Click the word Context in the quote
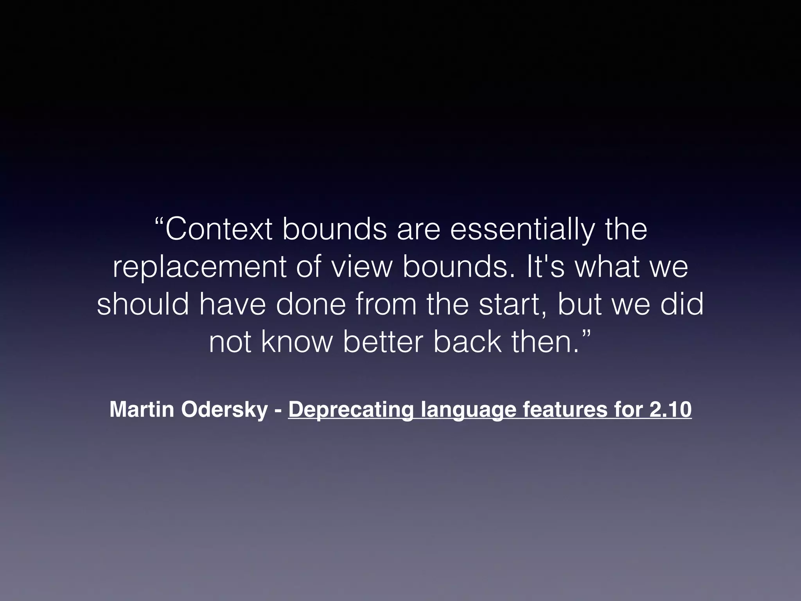[x=219, y=230]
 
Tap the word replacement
[x=199, y=268]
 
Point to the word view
[x=361, y=268]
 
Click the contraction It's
[x=546, y=268]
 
